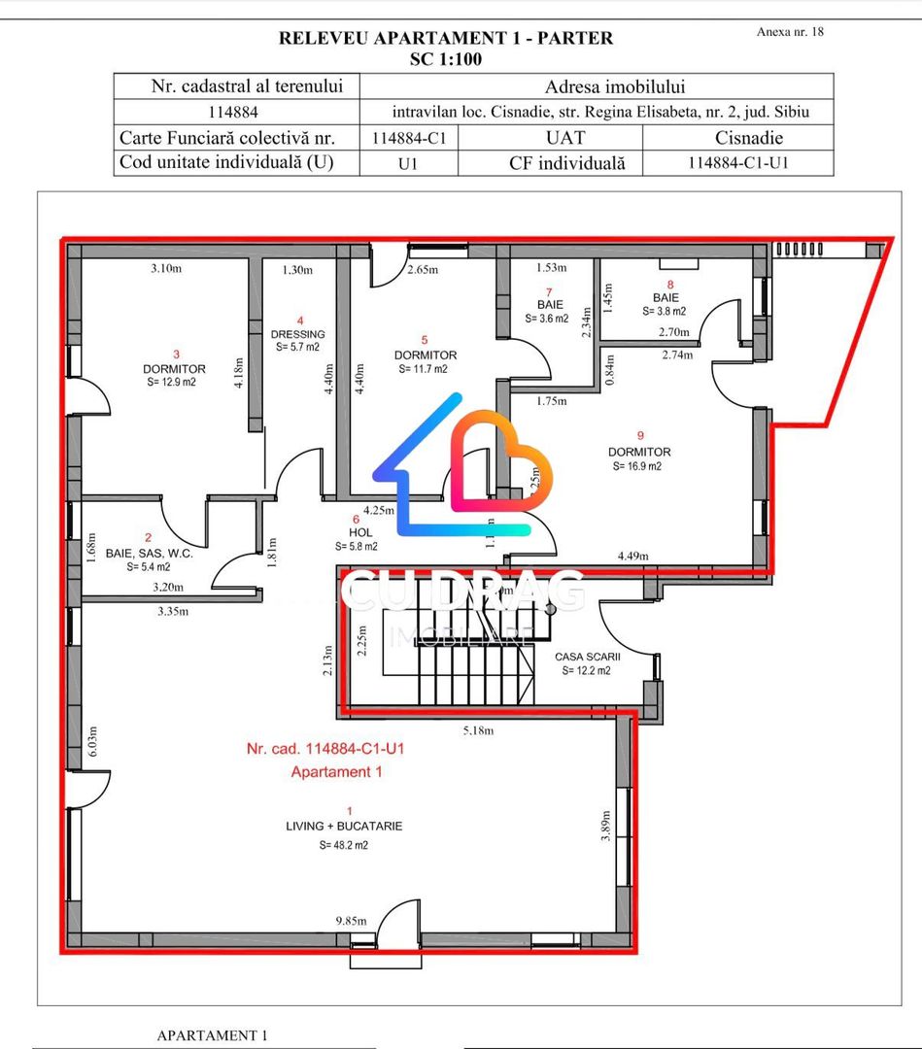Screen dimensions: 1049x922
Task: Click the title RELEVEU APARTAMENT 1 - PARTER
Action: [446, 39]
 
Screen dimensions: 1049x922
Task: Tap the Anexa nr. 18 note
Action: [790, 32]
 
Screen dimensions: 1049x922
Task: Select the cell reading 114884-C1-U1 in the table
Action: [737, 162]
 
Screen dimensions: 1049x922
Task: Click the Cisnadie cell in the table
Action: [748, 138]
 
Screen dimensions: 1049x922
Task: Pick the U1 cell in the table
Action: [408, 163]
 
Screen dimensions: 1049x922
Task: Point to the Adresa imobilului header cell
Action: [596, 86]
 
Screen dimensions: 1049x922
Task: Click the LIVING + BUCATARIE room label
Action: [344, 826]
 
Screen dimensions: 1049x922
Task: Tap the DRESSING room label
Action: [298, 334]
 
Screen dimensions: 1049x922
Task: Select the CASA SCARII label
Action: [588, 657]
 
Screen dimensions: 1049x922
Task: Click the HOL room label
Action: [361, 531]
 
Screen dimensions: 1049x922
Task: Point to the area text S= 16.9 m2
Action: [637, 466]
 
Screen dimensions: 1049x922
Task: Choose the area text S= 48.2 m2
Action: [344, 845]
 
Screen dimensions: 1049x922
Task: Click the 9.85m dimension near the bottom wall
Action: [352, 921]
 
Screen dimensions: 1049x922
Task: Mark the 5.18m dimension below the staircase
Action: [477, 730]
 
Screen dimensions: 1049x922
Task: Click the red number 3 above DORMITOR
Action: [176, 355]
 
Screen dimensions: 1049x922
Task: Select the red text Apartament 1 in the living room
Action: [336, 772]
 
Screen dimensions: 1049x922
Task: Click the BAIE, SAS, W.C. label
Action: [149, 553]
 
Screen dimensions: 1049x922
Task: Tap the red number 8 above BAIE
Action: [669, 285]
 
